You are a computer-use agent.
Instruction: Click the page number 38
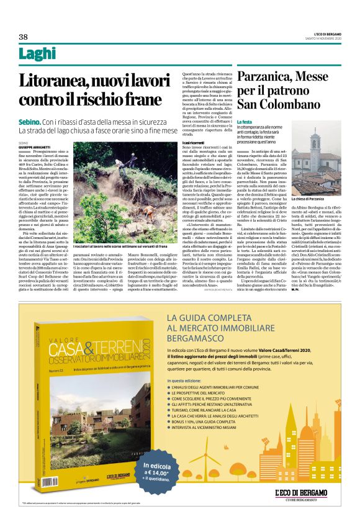(x=23, y=36)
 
